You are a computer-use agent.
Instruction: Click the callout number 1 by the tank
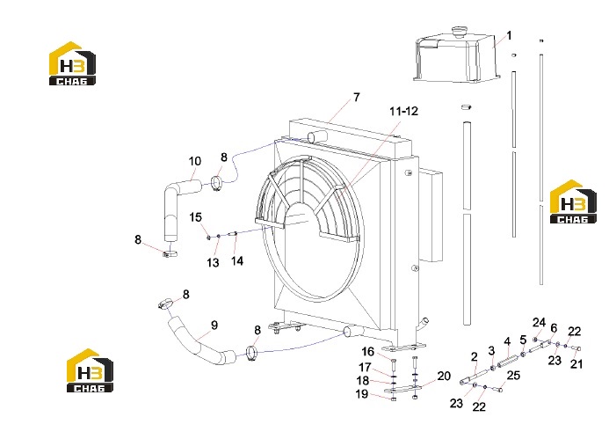coord(509,36)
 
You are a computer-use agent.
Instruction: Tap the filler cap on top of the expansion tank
coord(459,31)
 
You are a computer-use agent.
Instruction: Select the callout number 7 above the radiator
coord(357,97)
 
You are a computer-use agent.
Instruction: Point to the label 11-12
coord(404,111)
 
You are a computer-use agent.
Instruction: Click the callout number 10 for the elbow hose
coord(195,161)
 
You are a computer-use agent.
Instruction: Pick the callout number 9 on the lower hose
coord(214,325)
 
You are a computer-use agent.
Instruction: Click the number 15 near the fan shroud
coord(195,217)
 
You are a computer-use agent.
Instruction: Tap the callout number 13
coord(213,263)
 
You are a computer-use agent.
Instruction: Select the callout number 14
coord(237,260)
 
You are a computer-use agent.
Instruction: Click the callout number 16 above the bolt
coord(367,352)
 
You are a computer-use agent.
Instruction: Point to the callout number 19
coord(362,394)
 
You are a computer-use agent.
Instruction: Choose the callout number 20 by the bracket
coord(444,376)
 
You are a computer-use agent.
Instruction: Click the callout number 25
coord(513,376)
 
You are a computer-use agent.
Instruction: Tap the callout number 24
coord(539,322)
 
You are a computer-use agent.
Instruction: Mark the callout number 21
coord(576,364)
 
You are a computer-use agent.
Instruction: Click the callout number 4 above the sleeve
coord(507,341)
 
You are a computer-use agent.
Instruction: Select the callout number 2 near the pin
coord(474,356)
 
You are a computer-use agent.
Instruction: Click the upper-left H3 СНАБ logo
coord(72,63)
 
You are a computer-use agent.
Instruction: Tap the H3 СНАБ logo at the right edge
coord(573,201)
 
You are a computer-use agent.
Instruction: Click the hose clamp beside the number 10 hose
coord(217,184)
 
